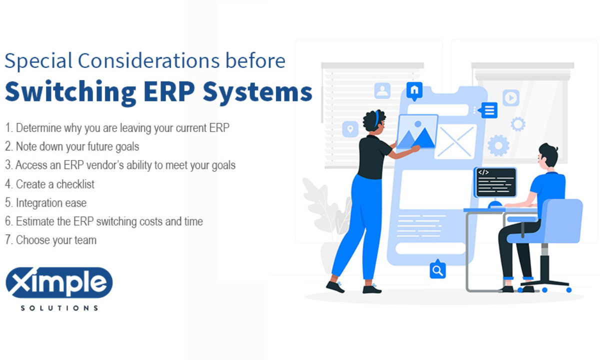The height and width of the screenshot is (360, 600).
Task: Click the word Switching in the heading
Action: point(70,92)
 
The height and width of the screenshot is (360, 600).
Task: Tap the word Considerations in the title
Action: point(148,60)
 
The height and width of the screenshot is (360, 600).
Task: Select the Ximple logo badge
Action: point(59,282)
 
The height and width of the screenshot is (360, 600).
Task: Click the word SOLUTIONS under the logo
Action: point(59,308)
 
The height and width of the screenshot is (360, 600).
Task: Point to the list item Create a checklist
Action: point(50,184)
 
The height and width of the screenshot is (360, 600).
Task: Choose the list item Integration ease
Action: point(46,203)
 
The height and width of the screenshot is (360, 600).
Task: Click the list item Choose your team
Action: point(50,240)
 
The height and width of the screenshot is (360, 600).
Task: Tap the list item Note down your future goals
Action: point(72,147)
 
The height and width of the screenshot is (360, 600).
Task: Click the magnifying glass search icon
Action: point(437,269)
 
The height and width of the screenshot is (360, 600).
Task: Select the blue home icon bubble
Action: point(414,90)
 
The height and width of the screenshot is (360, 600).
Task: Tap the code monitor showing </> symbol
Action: point(495,182)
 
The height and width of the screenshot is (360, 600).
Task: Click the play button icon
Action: point(511,98)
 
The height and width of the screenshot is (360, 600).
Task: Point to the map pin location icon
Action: point(350,129)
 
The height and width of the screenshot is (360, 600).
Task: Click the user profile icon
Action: point(382,90)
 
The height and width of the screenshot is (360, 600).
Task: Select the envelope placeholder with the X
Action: point(455,141)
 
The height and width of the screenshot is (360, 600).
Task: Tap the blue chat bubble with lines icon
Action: point(488,110)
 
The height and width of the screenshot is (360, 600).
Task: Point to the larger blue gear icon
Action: point(498,145)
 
